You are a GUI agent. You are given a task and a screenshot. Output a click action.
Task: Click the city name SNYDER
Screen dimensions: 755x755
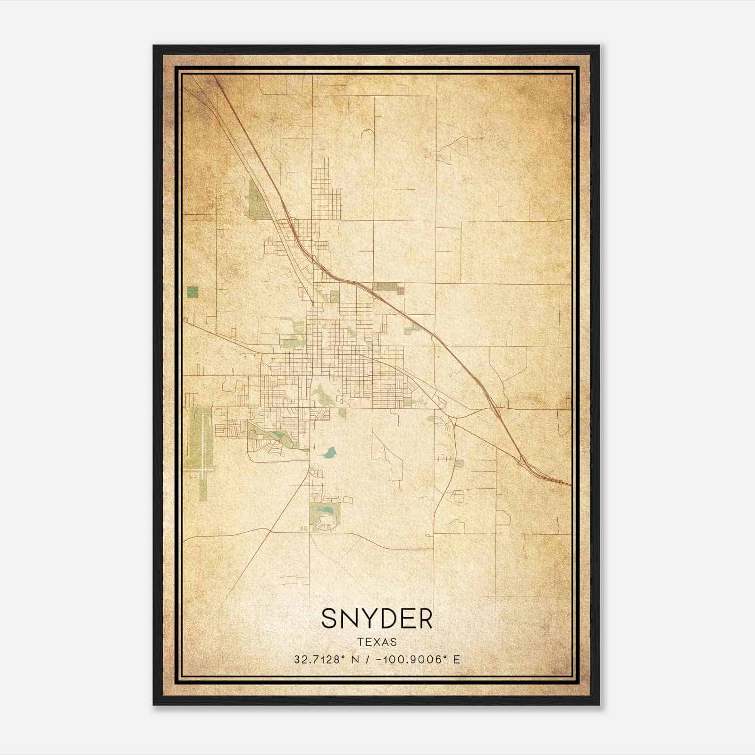(x=377, y=619)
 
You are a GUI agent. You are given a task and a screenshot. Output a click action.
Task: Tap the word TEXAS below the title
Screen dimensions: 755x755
(x=377, y=642)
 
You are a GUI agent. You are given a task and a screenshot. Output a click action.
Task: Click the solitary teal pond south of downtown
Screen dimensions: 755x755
(x=329, y=453)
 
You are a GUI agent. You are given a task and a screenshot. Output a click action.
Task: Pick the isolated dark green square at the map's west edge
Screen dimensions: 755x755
(x=193, y=292)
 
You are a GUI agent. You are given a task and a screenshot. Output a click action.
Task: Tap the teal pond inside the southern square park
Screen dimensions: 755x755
(x=325, y=510)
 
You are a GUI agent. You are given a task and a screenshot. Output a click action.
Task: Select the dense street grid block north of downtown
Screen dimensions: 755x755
(x=326, y=189)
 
